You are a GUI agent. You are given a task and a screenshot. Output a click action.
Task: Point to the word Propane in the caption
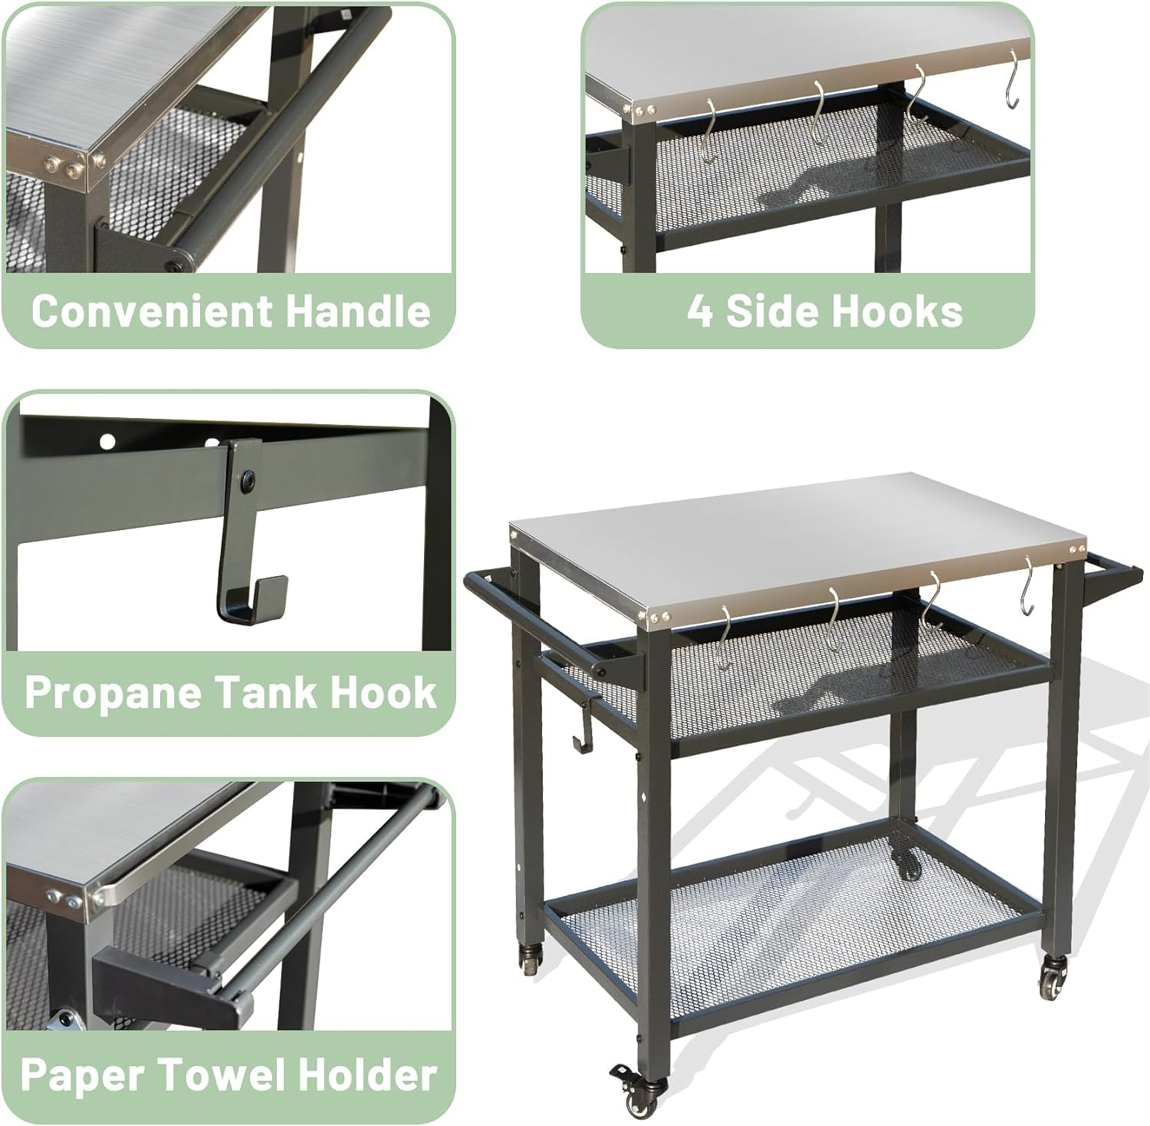pyautogui.click(x=113, y=692)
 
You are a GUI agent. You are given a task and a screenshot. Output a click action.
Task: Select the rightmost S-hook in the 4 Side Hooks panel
pyautogui.click(x=1013, y=79)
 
